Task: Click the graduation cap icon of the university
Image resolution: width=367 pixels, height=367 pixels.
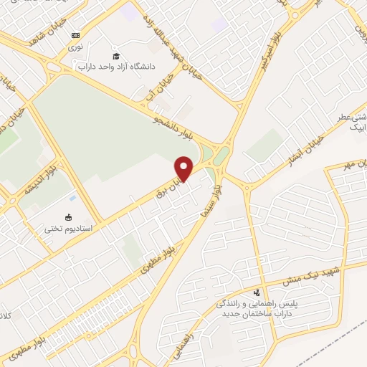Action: (x=116, y=56)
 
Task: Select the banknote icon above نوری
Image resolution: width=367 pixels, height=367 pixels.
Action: (x=75, y=35)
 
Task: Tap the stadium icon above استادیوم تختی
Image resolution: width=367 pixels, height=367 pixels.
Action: (x=69, y=218)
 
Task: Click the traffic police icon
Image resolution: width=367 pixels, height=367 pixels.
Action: (x=257, y=292)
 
